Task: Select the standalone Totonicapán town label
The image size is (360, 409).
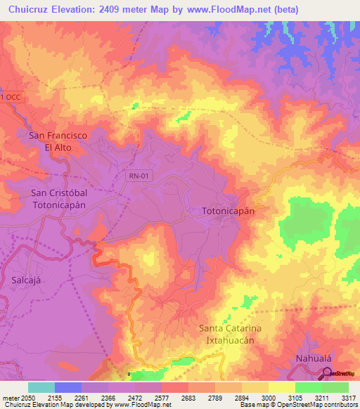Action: pos(228,211)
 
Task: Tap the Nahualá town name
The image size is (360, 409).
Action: pos(314,358)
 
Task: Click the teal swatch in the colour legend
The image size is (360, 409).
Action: pos(41,387)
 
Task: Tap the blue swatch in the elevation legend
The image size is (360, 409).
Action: pos(68,387)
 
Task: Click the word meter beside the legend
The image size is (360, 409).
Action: pos(10,397)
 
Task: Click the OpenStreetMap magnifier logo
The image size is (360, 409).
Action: pos(326,373)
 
